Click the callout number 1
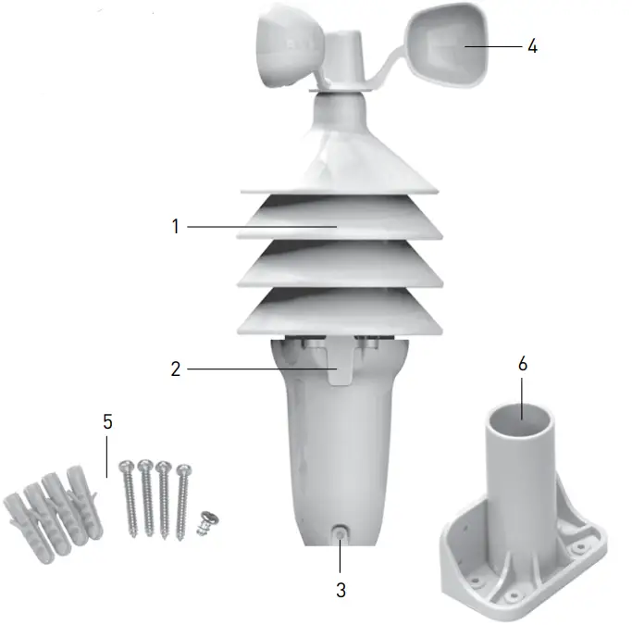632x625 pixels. [175, 226]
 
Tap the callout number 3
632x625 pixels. [341, 589]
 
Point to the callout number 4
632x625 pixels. [531, 46]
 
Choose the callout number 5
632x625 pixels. [107, 421]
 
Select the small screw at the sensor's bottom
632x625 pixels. [341, 534]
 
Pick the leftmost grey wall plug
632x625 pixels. [23, 519]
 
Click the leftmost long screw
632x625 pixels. [127, 496]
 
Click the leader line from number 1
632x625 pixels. [259, 226]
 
